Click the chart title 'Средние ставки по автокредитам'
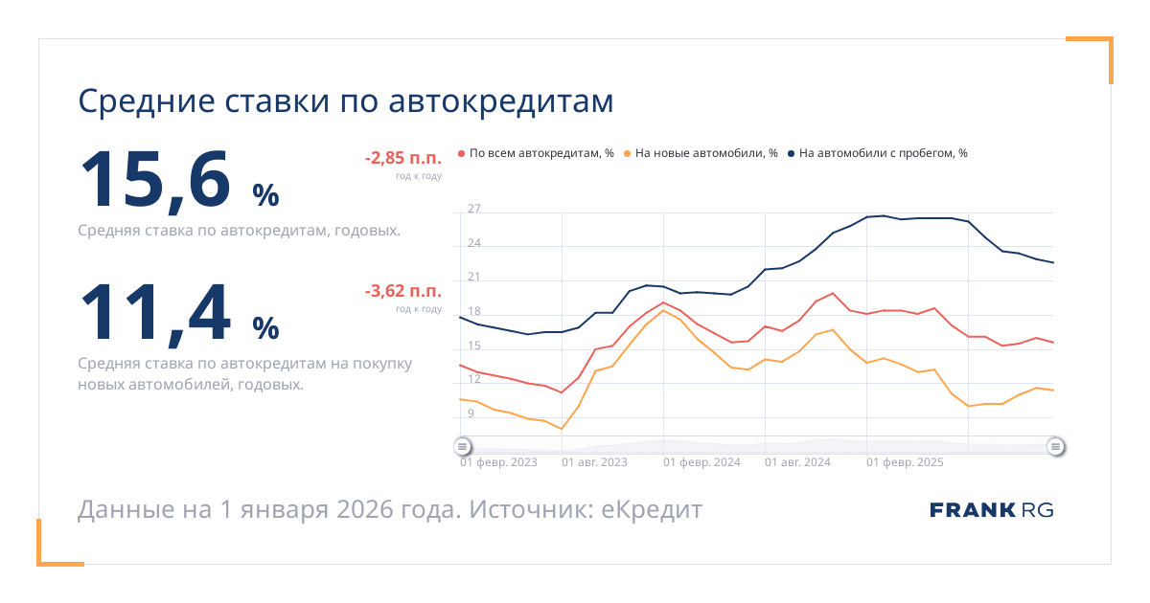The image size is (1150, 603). (345, 101)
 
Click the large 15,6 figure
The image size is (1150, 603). (155, 180)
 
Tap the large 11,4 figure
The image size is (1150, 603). (155, 312)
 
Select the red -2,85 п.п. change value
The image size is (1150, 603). (402, 159)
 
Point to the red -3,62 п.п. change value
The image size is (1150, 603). (402, 291)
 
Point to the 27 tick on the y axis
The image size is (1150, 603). (474, 209)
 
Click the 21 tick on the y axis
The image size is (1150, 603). (474, 278)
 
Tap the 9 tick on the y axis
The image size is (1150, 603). (471, 413)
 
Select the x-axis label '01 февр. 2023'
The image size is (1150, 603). (498, 462)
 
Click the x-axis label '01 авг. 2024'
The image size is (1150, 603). (797, 462)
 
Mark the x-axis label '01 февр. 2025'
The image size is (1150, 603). (905, 462)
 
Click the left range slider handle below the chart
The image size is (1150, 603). (462, 446)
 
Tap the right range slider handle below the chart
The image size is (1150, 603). (1055, 446)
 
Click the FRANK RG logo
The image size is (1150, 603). (991, 510)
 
